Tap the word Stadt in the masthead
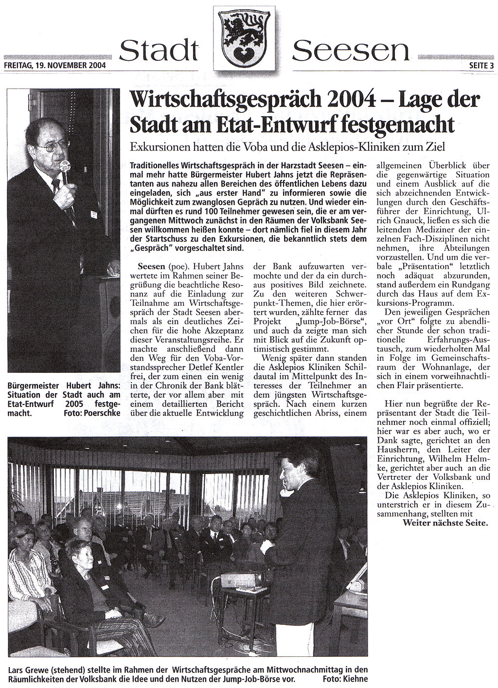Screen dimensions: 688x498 pyautogui.click(x=159, y=50)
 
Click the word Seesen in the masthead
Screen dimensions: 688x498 pyautogui.click(x=351, y=50)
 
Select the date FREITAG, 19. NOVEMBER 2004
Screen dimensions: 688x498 pyautogui.click(x=54, y=64)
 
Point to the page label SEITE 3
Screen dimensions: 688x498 pyautogui.click(x=481, y=65)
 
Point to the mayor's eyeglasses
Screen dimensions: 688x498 pyautogui.click(x=56, y=145)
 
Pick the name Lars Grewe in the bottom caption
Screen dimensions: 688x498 pyautogui.click(x=27, y=670)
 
